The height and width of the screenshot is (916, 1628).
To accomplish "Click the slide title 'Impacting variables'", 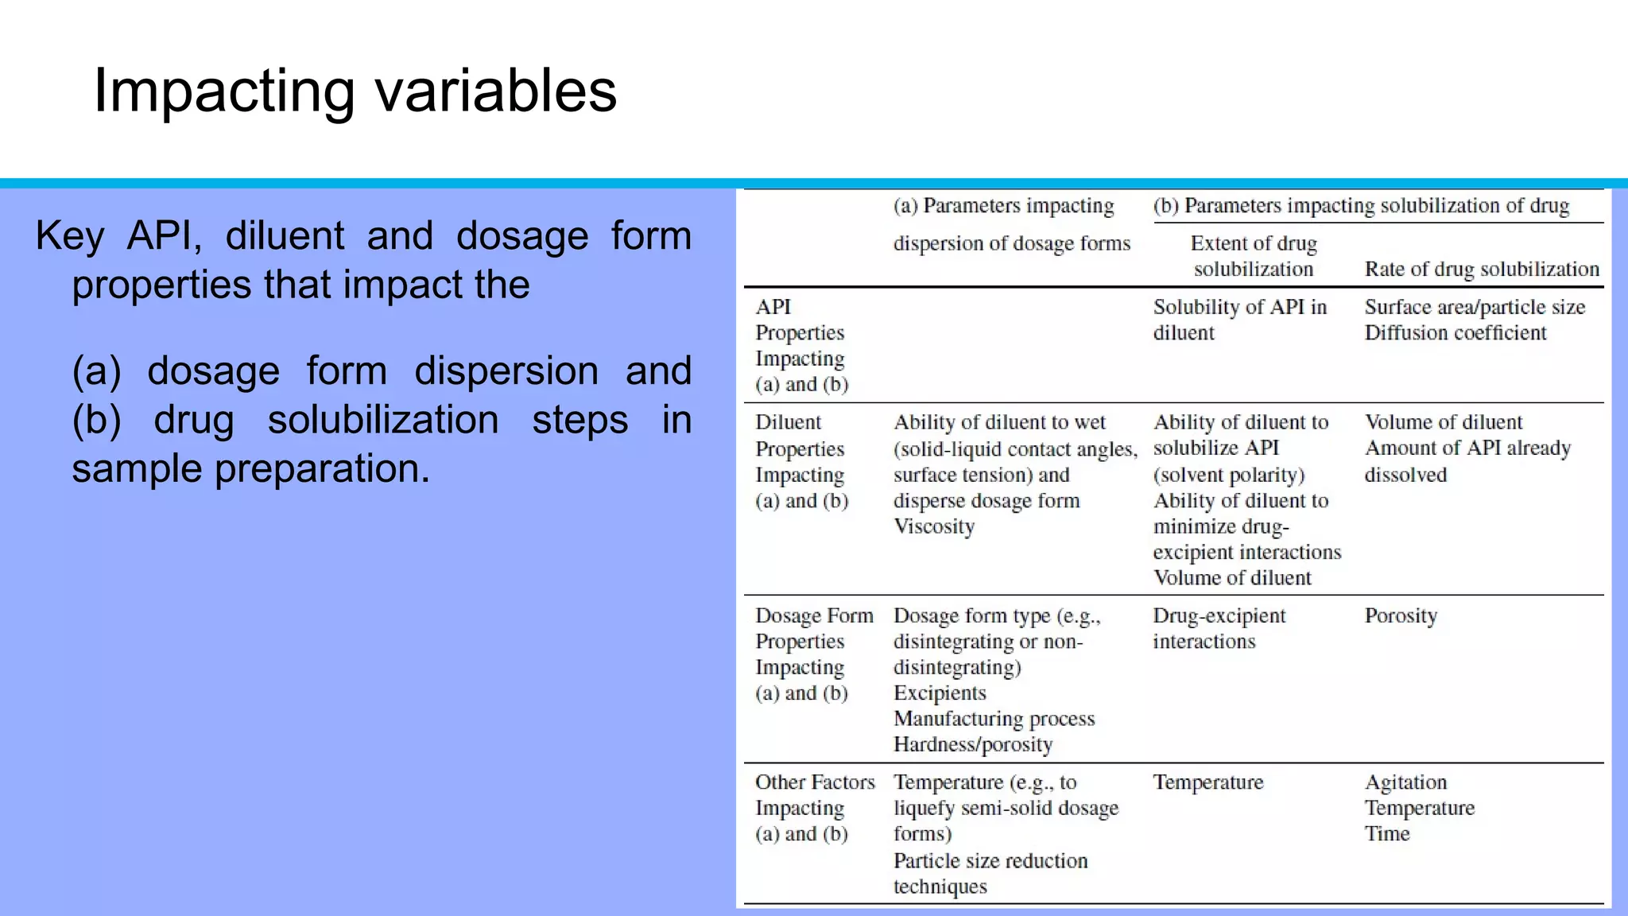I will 355,91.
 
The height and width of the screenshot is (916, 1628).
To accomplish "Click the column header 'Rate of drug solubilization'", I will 1481,270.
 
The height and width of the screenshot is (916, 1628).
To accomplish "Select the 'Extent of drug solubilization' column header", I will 1253,256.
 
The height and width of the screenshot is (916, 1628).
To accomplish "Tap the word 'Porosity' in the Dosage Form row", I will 1401,616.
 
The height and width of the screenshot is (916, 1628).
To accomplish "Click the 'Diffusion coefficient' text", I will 1455,333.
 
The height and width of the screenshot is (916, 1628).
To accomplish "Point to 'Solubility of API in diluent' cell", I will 1239,320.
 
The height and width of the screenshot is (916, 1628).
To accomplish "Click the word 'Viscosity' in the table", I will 933,527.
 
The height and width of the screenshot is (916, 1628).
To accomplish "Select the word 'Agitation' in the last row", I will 1405,782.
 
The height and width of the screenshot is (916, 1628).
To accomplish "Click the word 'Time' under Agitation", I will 1386,834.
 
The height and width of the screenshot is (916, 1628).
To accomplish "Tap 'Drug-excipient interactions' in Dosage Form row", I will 1219,629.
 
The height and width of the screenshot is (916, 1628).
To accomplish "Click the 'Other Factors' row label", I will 814,782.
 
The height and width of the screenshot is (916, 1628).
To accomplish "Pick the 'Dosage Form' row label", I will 813,616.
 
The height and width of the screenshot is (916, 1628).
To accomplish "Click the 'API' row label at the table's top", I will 773,307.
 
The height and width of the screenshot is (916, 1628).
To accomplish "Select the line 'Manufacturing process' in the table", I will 994,719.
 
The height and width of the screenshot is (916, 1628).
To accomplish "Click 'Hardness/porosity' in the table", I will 972,745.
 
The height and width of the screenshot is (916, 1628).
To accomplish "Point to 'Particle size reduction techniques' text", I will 990,874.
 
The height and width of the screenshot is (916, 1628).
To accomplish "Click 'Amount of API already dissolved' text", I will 1467,461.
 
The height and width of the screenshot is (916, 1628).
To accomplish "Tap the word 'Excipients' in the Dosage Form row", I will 939,693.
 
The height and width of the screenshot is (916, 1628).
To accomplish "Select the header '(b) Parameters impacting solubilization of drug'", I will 1360,206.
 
